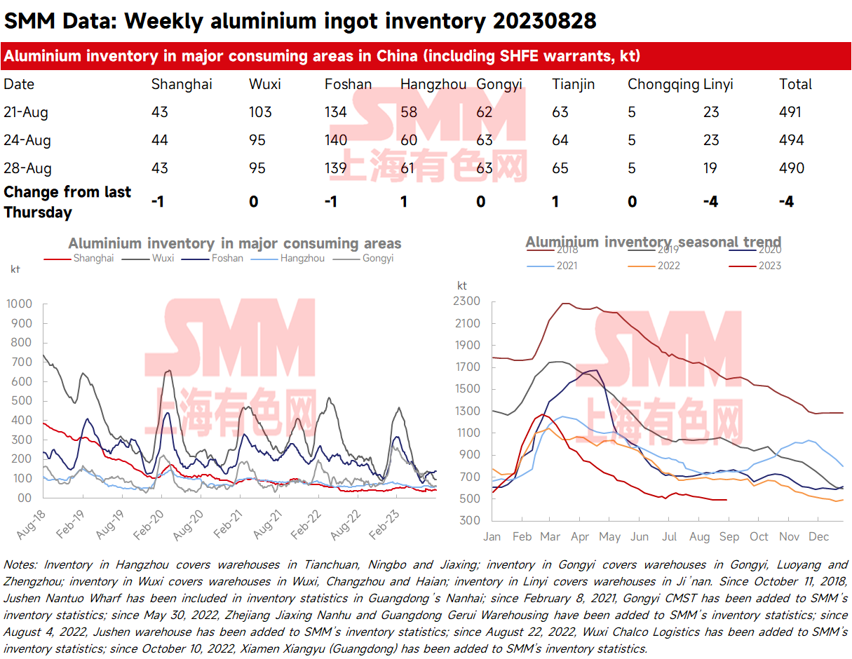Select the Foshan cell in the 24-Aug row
click(336, 140)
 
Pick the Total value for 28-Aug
click(792, 168)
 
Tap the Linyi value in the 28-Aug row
click(711, 168)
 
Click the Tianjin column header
click(573, 84)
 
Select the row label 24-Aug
click(27, 140)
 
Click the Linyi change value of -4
click(710, 202)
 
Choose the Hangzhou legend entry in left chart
click(302, 258)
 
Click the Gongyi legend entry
click(378, 258)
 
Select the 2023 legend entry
click(769, 266)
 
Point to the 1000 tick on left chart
click(19, 304)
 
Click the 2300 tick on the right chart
click(468, 301)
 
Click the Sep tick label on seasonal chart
click(729, 537)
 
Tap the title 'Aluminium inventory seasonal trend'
click(653, 242)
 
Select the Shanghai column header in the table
click(182, 84)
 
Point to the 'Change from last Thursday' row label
click(67, 202)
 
